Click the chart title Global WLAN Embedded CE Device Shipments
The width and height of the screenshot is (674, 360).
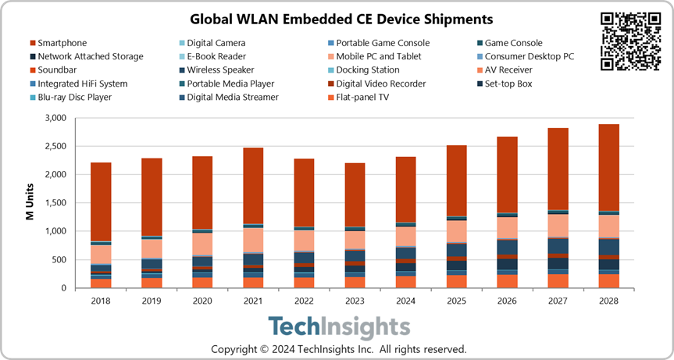click(337, 18)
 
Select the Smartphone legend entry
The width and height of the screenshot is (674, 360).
click(62, 43)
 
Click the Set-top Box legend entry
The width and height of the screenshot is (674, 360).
click(508, 84)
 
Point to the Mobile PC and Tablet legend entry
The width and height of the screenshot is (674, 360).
click(378, 56)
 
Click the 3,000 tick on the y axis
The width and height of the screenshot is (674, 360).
click(55, 119)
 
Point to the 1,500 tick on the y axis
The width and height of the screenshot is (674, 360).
click(55, 203)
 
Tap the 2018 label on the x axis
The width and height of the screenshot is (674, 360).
click(102, 300)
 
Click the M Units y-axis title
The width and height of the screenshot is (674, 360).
click(29, 204)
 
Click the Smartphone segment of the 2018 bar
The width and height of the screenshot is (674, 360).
click(102, 202)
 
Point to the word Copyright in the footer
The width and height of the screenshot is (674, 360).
click(237, 348)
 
